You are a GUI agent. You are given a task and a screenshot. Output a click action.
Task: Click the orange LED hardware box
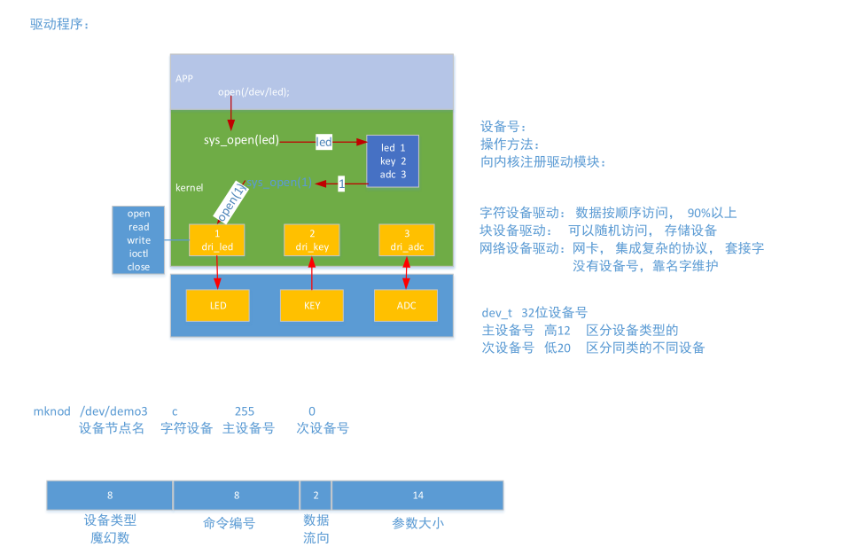tap(218, 305)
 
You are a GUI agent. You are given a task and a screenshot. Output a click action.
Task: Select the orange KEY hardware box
tap(312, 305)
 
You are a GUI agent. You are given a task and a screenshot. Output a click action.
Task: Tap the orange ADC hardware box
tap(406, 305)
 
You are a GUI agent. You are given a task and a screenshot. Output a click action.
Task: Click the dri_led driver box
tap(217, 240)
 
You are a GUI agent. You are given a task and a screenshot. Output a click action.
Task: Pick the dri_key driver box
tap(312, 240)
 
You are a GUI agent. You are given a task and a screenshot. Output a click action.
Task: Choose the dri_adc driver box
tap(406, 240)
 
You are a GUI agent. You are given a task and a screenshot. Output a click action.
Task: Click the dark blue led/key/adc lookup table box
tap(393, 160)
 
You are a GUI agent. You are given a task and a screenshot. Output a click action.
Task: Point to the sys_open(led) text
tap(241, 140)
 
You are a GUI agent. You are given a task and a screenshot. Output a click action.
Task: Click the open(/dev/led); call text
tap(253, 91)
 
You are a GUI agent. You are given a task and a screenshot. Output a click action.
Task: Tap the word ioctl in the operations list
tap(138, 254)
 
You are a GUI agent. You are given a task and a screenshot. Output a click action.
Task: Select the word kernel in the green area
tap(190, 188)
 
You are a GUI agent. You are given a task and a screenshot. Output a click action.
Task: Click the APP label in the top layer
tap(184, 78)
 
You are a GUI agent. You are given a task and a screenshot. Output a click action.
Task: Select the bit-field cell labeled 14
tap(417, 496)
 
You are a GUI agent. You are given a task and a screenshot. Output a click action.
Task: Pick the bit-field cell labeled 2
tap(316, 496)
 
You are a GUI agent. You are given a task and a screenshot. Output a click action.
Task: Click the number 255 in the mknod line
tap(245, 411)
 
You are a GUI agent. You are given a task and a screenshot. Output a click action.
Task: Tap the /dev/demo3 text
tap(113, 411)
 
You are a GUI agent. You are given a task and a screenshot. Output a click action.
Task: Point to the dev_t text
tap(496, 312)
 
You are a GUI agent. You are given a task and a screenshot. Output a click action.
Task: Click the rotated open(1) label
tap(229, 202)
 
